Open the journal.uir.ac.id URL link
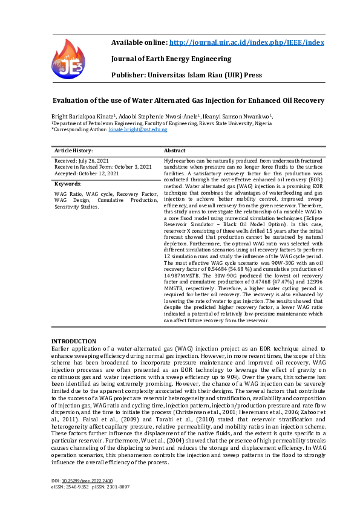(x=247, y=42)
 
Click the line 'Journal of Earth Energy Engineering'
(x=171, y=59)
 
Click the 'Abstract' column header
(x=175, y=149)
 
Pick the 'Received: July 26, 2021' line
(x=82, y=160)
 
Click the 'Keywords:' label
(x=68, y=183)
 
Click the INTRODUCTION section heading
(x=73, y=342)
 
